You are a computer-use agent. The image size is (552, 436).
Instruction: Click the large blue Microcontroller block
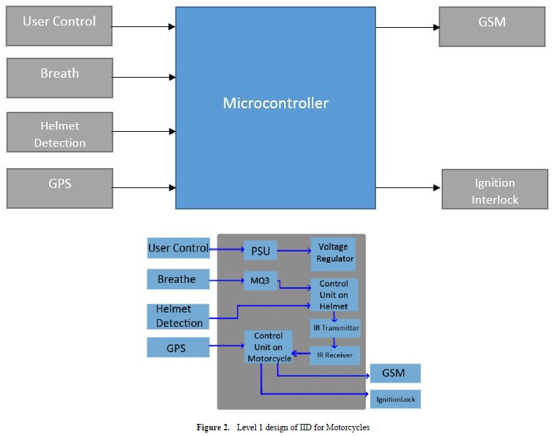pyautogui.click(x=276, y=107)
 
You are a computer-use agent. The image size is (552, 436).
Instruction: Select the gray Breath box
pyautogui.click(x=60, y=78)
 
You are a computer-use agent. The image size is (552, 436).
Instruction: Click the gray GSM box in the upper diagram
pyautogui.click(x=491, y=26)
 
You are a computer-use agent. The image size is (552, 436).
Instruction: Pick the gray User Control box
pyautogui.click(x=60, y=26)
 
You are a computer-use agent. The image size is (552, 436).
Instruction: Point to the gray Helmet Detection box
pyautogui.click(x=60, y=133)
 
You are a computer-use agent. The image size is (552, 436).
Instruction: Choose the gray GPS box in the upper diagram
pyautogui.click(x=60, y=188)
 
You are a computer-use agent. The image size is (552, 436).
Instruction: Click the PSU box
pyautogui.click(x=259, y=250)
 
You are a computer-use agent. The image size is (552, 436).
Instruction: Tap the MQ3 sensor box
pyautogui.click(x=259, y=279)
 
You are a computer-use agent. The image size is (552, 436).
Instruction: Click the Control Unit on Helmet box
pyautogui.click(x=334, y=294)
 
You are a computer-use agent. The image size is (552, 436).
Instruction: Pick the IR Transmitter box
pyautogui.click(x=335, y=328)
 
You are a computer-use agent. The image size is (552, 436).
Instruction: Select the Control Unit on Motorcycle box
pyautogui.click(x=267, y=347)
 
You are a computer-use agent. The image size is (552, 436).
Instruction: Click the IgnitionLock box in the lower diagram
pyautogui.click(x=395, y=399)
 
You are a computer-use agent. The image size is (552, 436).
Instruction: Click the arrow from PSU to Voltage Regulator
pyautogui.click(x=293, y=250)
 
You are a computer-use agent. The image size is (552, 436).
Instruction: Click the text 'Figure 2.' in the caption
pyautogui.click(x=213, y=427)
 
